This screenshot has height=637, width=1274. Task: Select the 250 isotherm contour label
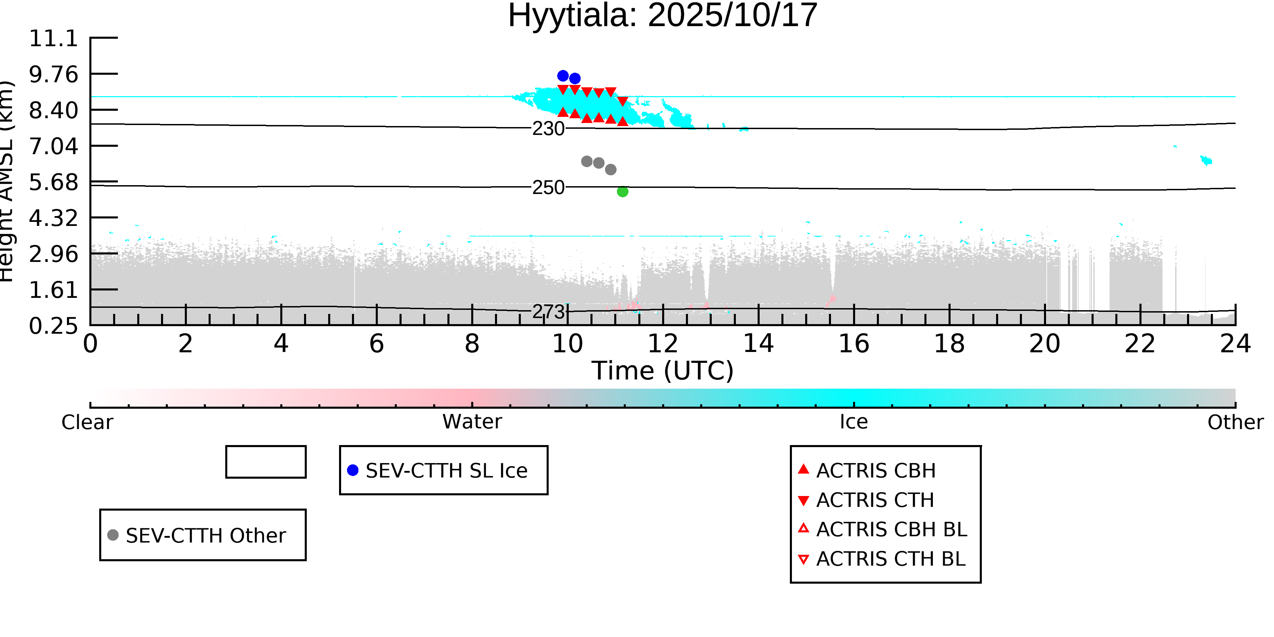click(x=548, y=188)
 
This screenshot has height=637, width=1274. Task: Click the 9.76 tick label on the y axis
click(x=53, y=75)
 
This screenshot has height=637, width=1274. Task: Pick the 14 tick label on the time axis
click(x=758, y=344)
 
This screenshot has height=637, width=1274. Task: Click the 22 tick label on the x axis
click(x=1140, y=344)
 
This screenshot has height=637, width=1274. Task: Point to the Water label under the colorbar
click(x=472, y=422)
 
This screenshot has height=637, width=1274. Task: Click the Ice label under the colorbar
click(x=854, y=422)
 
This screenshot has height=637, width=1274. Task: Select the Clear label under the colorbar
click(x=87, y=422)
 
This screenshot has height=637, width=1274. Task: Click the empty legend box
click(x=266, y=462)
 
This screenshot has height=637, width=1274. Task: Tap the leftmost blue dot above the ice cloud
click(x=563, y=76)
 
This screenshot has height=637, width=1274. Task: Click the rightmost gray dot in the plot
click(x=611, y=170)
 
